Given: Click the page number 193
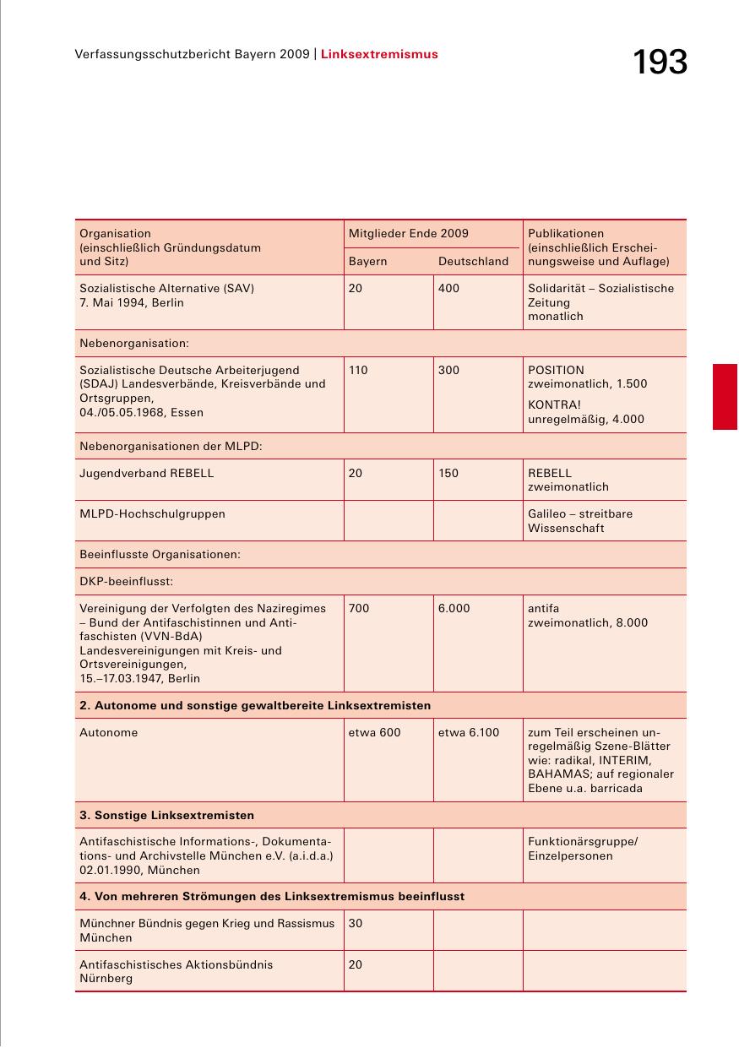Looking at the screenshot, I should pyautogui.click(x=660, y=63).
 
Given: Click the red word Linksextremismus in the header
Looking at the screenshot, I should pyautogui.click(x=379, y=54).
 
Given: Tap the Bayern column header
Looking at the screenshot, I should pyautogui.click(x=367, y=262).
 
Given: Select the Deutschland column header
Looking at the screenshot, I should pyautogui.click(x=473, y=262).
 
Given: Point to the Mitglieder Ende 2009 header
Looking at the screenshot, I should pyautogui.click(x=408, y=233).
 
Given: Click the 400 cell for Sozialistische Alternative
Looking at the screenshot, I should pyautogui.click(x=449, y=289).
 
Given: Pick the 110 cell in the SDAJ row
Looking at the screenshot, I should pyautogui.click(x=358, y=370).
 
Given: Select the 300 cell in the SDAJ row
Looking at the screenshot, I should pyautogui.click(x=448, y=370).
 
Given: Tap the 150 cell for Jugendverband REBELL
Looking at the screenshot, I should pyautogui.click(x=448, y=474).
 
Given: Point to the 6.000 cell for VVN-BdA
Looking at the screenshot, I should pyautogui.click(x=454, y=609).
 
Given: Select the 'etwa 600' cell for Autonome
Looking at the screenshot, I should pyautogui.click(x=374, y=733).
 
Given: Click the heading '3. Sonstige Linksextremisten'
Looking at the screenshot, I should pyautogui.click(x=166, y=815).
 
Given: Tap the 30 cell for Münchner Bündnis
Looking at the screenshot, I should pyautogui.click(x=356, y=924).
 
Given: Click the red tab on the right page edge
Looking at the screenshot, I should pyautogui.click(x=725, y=397).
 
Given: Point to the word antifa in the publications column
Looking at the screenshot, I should pyautogui.click(x=543, y=609).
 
